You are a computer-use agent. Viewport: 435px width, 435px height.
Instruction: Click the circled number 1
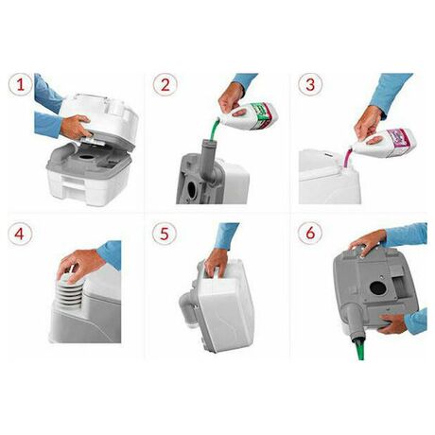[x=21, y=85]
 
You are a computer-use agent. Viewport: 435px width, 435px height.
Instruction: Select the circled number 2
[x=165, y=85]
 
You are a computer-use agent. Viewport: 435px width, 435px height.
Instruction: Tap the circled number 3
[x=310, y=85]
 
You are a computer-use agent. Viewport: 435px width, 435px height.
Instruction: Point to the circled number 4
[x=20, y=234]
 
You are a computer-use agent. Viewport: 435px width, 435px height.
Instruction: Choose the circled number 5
[x=165, y=234]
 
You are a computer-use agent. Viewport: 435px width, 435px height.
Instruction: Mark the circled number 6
[x=310, y=234]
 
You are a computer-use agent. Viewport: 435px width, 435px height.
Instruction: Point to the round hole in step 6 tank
[x=376, y=287]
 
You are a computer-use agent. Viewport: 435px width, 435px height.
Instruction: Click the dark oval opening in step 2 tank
[x=191, y=189]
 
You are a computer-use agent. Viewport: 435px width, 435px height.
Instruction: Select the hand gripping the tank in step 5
[x=217, y=263]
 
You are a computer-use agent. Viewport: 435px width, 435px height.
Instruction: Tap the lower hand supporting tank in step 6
[x=393, y=323]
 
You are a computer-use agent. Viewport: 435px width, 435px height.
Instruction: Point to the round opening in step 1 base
[x=84, y=156]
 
